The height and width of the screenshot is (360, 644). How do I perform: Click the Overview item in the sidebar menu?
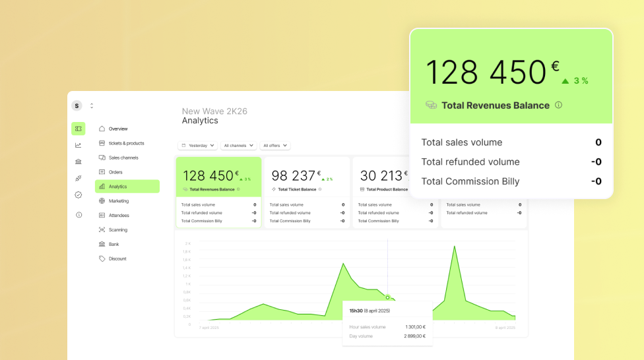118,129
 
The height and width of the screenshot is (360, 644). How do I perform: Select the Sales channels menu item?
123,158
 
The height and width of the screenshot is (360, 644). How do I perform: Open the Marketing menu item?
119,201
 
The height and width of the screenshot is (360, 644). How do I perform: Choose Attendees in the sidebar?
119,216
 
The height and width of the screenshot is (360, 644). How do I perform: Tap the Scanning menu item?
118,230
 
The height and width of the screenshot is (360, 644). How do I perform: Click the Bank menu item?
114,244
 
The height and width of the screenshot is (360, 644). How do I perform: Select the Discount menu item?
117,258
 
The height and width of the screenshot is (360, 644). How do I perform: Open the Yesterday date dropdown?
198,145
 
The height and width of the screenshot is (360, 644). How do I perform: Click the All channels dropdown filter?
239,145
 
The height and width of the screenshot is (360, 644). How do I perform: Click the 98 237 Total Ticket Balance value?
294,176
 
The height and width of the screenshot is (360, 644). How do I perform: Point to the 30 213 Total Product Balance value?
381,176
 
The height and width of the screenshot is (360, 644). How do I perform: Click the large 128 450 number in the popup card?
486,73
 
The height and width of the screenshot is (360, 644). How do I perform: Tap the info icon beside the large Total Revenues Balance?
558,105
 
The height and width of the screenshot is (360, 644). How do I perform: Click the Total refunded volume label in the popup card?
470,162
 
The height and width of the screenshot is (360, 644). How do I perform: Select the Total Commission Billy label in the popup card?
470,181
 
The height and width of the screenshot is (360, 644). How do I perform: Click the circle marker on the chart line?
387,297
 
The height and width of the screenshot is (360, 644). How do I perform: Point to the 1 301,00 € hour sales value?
415,327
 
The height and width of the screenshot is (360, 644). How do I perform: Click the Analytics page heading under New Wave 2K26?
200,121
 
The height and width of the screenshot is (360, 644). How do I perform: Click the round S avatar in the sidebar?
77,105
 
